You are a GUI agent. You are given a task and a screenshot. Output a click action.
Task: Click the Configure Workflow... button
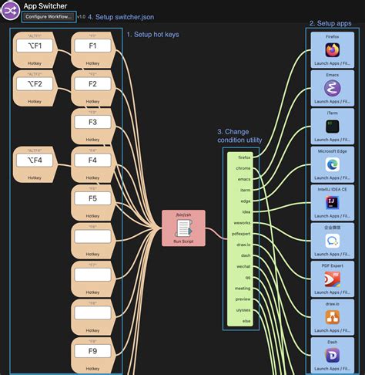tap(49, 16)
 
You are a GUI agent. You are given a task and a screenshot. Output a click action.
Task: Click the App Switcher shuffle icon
tap(11, 11)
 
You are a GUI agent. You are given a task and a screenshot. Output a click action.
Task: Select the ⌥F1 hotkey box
tap(35, 46)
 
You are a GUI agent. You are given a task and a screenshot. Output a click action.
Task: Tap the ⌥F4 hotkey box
tap(35, 160)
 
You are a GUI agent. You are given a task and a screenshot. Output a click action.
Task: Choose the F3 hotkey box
tap(92, 122)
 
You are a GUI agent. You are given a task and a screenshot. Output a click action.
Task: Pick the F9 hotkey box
tap(92, 351)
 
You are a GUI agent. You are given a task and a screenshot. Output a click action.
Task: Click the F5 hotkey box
tap(92, 198)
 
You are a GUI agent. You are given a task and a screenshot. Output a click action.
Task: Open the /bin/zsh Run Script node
tap(183, 228)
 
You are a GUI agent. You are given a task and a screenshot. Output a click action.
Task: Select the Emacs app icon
tap(332, 88)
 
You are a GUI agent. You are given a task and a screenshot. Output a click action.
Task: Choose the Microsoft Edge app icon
tap(332, 164)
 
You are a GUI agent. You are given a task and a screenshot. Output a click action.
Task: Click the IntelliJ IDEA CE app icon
tap(332, 202)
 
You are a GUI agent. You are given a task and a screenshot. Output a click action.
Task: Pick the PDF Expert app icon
tap(332, 279)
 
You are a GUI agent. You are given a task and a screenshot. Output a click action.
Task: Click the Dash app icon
tap(332, 354)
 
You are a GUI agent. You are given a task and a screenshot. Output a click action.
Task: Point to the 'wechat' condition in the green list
tap(244, 266)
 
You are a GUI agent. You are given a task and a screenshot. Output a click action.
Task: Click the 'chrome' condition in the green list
tap(244, 167)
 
